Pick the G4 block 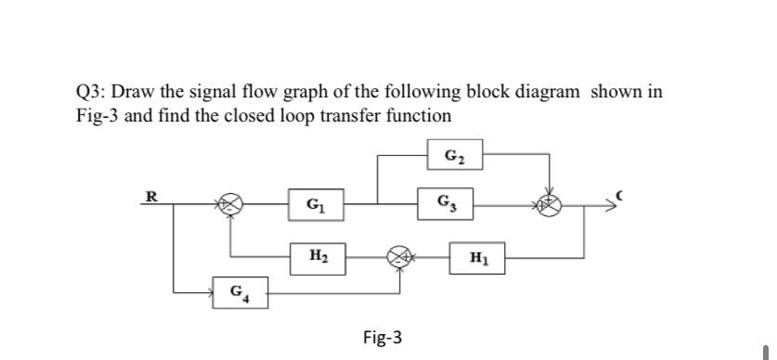click(x=238, y=295)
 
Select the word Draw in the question click(x=138, y=94)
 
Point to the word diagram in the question click(x=549, y=94)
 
